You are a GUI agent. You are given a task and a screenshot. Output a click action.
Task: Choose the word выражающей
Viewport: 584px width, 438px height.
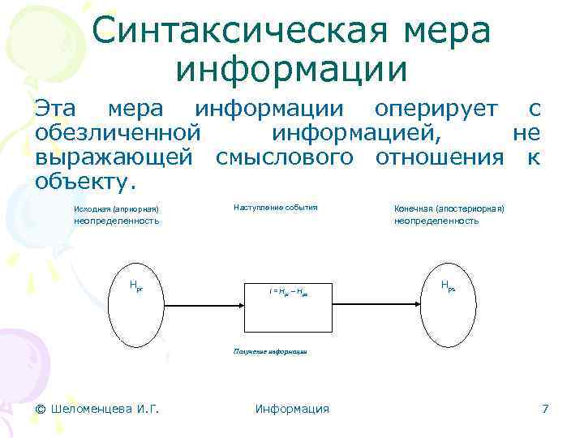point(114,157)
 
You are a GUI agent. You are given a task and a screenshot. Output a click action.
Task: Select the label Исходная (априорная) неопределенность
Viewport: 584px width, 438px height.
point(116,215)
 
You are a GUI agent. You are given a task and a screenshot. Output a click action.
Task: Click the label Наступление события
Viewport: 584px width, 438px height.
point(276,208)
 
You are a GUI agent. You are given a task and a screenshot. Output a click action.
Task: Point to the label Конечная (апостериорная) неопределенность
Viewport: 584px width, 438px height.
point(449,215)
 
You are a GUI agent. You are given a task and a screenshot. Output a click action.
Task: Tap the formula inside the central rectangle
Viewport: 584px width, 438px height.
point(290,290)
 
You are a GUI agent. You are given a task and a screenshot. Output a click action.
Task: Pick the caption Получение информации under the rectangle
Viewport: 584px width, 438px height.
point(270,353)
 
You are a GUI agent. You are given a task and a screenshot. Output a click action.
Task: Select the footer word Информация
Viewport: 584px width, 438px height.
point(292,409)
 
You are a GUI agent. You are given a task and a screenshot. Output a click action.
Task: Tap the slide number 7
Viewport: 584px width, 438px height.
point(545,409)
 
